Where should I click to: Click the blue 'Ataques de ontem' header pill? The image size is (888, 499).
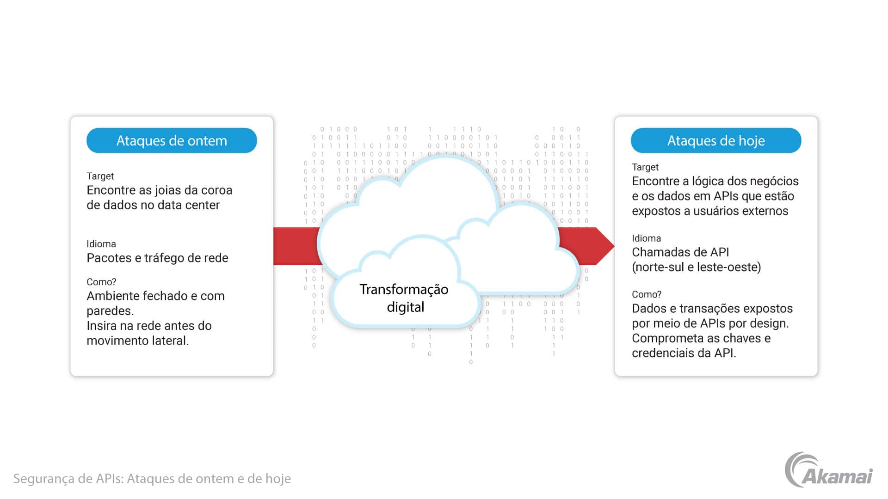click(x=172, y=140)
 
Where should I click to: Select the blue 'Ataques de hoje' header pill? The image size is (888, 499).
click(x=716, y=140)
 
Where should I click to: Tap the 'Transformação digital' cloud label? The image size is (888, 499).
click(x=404, y=298)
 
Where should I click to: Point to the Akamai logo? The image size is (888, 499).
click(x=829, y=470)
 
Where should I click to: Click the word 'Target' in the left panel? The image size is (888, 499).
click(x=100, y=176)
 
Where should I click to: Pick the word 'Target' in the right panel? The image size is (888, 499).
click(x=645, y=167)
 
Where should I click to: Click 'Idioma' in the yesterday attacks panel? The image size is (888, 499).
click(x=101, y=244)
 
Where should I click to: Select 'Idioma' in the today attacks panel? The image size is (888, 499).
click(x=646, y=238)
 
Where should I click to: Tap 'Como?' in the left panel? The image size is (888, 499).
click(x=101, y=282)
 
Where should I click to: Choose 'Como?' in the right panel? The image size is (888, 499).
click(x=647, y=294)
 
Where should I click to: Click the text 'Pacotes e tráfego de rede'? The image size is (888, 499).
click(x=157, y=258)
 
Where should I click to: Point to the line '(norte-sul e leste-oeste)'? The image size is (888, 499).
click(x=697, y=267)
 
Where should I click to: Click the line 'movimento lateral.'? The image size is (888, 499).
click(x=138, y=341)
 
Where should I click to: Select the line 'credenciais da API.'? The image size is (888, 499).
click(x=684, y=353)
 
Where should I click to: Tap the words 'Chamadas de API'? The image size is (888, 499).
click(x=680, y=252)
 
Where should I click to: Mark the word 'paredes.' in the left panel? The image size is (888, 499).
click(x=110, y=311)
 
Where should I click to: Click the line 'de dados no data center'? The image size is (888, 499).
click(x=153, y=205)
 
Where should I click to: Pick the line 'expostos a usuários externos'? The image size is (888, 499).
click(x=710, y=211)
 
